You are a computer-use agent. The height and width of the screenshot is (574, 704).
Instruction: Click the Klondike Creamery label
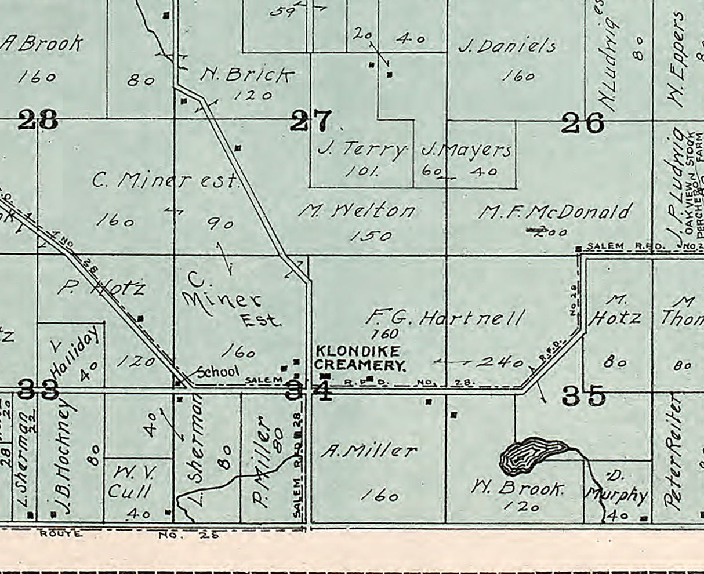tap(358, 358)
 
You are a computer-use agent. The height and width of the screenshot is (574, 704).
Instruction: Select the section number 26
tap(583, 122)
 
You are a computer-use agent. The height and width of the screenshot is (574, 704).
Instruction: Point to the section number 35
tap(583, 396)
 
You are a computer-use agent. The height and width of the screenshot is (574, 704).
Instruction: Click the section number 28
tap(38, 120)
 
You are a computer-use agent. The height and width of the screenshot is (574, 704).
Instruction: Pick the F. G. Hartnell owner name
tap(445, 317)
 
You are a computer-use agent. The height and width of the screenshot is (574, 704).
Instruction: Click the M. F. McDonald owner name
tap(554, 212)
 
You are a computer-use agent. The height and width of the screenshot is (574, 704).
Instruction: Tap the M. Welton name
tap(357, 210)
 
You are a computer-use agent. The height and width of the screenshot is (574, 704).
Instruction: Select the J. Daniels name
tap(507, 46)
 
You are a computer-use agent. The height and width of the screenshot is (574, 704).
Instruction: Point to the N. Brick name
tap(247, 74)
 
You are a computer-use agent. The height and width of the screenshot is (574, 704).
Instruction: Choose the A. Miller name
tap(369, 451)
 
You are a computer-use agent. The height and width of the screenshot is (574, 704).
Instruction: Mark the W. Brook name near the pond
tap(518, 489)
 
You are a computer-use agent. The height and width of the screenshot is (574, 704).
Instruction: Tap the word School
tap(218, 372)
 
